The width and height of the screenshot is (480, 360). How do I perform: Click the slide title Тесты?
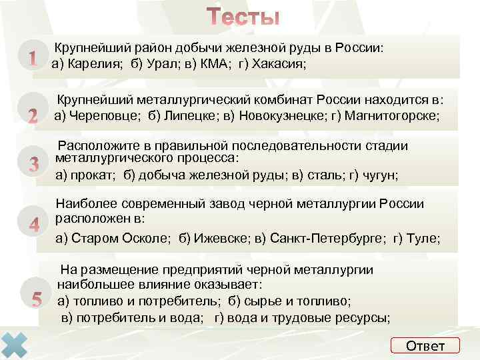[x=243, y=17]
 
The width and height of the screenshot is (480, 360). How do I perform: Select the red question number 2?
[x=32, y=115]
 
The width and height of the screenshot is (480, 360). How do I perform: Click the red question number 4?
[x=33, y=225]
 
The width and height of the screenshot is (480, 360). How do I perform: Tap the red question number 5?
[x=37, y=299]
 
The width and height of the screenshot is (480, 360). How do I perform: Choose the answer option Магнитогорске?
[x=391, y=115]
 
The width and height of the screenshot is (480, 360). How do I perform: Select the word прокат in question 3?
[x=93, y=175]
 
